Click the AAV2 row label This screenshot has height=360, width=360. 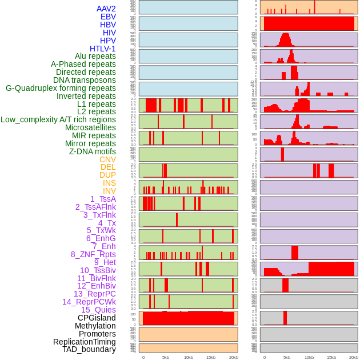[106, 9]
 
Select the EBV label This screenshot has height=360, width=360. [108, 17]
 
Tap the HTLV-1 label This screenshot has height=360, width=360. [103, 49]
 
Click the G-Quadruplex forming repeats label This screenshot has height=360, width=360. [61, 88]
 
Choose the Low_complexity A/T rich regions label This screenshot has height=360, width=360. [58, 119]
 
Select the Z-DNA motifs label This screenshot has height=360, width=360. [93, 151]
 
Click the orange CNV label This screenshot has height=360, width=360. [107, 159]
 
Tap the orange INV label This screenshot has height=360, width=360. [109, 191]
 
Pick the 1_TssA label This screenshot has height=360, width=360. [103, 199]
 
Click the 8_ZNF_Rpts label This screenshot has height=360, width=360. [93, 254]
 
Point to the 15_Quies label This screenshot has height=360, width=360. [98, 310]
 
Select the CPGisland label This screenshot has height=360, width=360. [97, 318]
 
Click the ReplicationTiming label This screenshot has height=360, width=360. [85, 342]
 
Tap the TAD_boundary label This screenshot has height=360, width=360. [89, 349]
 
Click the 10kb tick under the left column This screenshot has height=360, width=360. [189, 357]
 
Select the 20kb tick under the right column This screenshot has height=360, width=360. [354, 357]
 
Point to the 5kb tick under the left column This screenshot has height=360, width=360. [166, 357]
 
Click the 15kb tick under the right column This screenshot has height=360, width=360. [331, 357]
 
